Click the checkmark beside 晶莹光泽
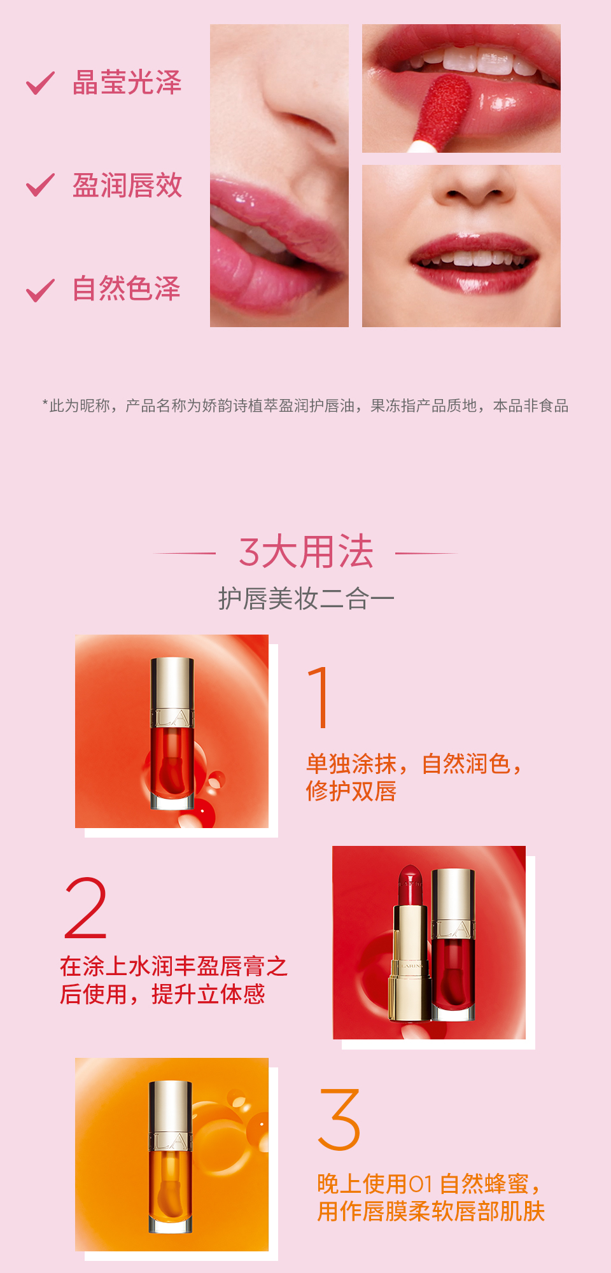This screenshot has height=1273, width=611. click(39, 83)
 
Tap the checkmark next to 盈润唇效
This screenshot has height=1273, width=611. click(39, 185)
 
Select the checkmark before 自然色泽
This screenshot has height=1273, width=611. click(39, 290)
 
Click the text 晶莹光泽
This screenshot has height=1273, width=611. click(127, 83)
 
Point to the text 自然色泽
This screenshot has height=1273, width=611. click(127, 288)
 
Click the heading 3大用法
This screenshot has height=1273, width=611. click(305, 551)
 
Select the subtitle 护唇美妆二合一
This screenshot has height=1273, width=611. click(306, 599)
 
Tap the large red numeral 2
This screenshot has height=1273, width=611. click(86, 908)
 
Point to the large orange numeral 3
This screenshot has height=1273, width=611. click(339, 1120)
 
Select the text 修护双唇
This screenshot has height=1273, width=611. click(351, 791)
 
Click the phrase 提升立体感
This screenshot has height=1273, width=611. click(208, 994)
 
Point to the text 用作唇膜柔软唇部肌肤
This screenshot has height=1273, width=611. click(432, 1211)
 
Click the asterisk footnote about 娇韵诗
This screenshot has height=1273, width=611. click(305, 405)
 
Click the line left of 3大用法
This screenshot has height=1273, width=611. click(185, 553)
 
